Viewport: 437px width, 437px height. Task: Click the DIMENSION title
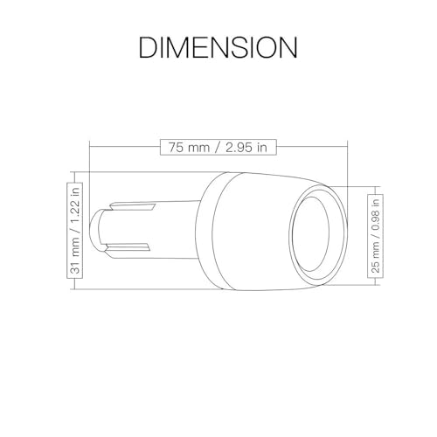click(218, 47)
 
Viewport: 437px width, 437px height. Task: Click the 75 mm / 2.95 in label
click(218, 148)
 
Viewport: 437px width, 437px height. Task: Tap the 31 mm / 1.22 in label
click(75, 230)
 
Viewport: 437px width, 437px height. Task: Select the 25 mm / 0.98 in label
click(376, 236)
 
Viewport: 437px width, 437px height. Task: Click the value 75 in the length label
click(176, 148)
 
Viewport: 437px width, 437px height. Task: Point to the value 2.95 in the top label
click(239, 148)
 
